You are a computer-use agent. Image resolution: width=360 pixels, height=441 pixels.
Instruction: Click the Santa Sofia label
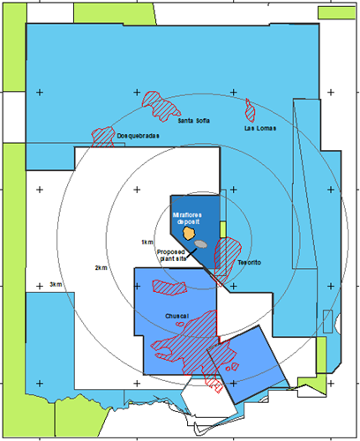click(194, 121)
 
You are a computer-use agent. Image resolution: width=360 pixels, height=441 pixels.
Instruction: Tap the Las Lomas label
click(260, 128)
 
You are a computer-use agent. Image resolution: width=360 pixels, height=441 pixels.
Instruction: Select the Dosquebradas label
click(139, 136)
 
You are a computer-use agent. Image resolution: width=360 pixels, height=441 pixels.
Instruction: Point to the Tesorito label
click(250, 262)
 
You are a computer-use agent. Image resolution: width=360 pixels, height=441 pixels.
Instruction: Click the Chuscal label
click(176, 316)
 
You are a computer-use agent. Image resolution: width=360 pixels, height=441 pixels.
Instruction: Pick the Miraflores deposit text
click(187, 218)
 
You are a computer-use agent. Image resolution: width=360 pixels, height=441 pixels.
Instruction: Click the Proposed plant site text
click(171, 255)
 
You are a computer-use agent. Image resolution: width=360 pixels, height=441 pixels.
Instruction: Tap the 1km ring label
click(147, 243)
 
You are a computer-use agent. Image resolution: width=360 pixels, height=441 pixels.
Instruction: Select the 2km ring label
click(101, 268)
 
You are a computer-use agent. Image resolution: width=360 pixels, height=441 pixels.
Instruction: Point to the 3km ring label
click(56, 284)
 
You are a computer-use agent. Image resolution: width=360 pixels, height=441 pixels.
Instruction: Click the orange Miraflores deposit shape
click(189, 233)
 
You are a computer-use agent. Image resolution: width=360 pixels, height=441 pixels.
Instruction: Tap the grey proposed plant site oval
click(200, 244)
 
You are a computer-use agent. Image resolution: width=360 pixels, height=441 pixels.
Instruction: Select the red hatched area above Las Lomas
click(251, 111)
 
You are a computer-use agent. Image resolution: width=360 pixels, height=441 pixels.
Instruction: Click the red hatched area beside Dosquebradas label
click(102, 137)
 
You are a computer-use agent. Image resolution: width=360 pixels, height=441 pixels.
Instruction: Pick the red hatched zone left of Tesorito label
click(226, 258)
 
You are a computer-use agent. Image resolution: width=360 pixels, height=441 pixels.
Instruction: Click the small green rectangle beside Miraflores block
click(223, 229)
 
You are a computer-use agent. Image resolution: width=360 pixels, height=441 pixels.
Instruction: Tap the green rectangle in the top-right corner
click(336, 13)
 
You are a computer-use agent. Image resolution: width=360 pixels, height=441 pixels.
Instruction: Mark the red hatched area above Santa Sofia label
click(161, 106)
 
